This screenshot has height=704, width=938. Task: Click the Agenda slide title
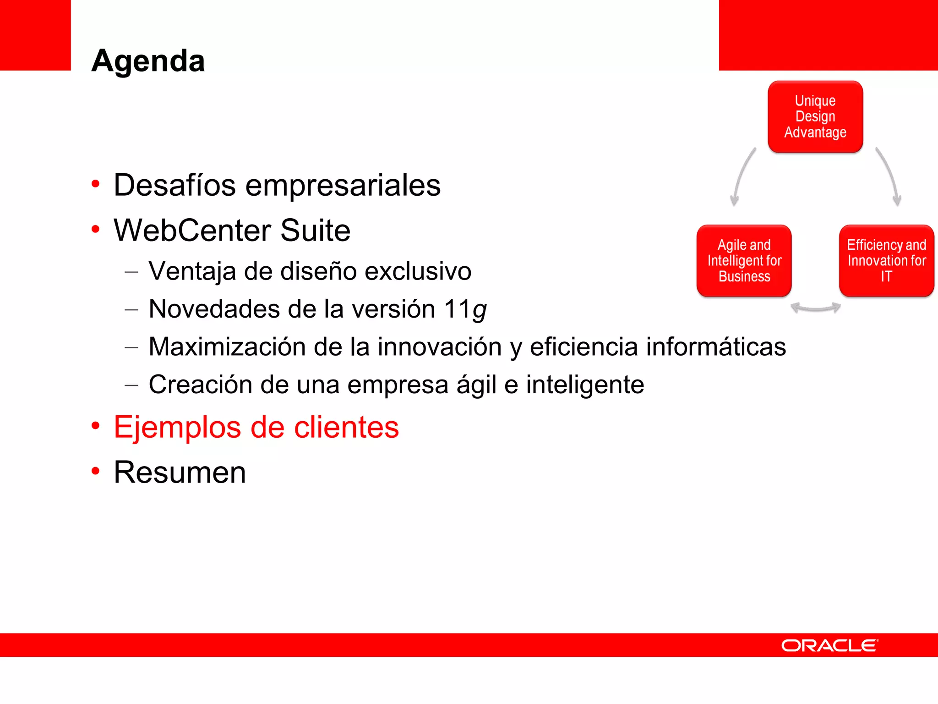click(x=148, y=60)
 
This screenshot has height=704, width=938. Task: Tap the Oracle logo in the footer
click(x=829, y=645)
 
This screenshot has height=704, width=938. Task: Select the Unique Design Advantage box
click(x=815, y=117)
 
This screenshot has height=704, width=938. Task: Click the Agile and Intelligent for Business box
click(x=744, y=260)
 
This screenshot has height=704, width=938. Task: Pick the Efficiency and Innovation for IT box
click(x=886, y=260)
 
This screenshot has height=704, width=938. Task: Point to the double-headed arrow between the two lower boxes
click(x=816, y=308)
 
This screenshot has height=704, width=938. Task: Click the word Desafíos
click(x=175, y=185)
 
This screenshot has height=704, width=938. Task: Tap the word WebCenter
click(x=192, y=230)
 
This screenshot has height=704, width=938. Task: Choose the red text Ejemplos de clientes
click(x=256, y=427)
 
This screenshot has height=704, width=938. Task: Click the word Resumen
click(x=180, y=472)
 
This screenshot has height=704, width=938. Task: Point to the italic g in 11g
click(x=480, y=310)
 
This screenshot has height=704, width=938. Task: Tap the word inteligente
click(x=585, y=385)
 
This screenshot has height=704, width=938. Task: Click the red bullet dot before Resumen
click(x=95, y=471)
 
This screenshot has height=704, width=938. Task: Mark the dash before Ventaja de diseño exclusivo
click(x=131, y=272)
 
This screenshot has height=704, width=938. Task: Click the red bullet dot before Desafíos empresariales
click(x=95, y=184)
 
